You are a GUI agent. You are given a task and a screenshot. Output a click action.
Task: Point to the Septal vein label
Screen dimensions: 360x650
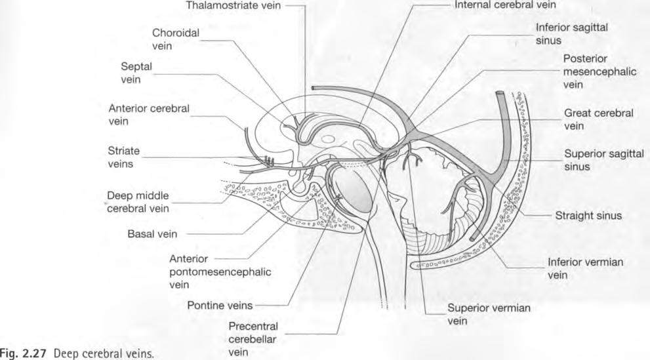[x=136, y=72]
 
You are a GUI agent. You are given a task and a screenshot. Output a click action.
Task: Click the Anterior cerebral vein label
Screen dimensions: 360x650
[x=149, y=114]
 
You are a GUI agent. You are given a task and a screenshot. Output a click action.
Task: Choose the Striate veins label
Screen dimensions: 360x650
[x=124, y=157]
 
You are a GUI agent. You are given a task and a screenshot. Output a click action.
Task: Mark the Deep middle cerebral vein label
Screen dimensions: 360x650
[x=138, y=202]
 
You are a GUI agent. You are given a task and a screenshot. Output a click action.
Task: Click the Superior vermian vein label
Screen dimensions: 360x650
[x=488, y=313]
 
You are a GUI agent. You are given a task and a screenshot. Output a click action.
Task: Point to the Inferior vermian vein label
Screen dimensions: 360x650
[x=584, y=268]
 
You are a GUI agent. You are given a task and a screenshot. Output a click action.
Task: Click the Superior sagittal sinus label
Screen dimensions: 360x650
[x=598, y=159]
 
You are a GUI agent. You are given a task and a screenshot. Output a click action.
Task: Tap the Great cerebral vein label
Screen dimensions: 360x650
[x=598, y=119]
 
